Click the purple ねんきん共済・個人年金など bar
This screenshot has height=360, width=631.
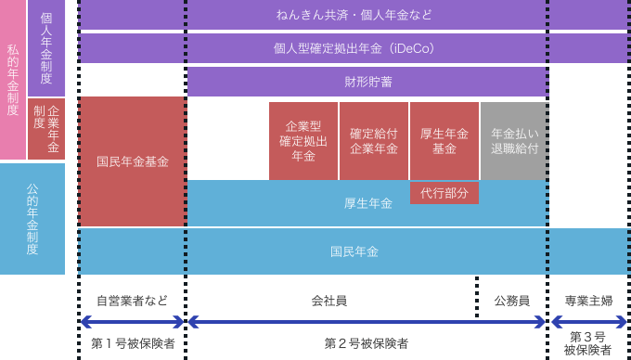(354, 15)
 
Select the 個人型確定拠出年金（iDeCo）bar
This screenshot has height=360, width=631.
(354, 47)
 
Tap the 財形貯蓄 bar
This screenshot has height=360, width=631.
(367, 82)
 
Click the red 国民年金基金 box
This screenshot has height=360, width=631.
(133, 162)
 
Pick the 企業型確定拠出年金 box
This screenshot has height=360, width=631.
(303, 141)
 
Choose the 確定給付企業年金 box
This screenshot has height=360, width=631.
(374, 141)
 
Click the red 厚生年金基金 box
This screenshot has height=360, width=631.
(444, 141)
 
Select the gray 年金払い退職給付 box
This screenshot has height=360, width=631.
(514, 141)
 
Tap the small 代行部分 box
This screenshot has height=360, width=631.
(444, 193)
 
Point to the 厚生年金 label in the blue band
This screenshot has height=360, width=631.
(367, 203)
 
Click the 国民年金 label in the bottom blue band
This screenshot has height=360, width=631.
(354, 251)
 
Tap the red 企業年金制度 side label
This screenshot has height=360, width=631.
(46, 129)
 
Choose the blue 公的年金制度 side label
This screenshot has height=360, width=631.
(32, 219)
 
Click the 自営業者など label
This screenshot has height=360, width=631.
(133, 301)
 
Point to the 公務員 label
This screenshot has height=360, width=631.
(511, 301)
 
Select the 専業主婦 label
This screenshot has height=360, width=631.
(588, 301)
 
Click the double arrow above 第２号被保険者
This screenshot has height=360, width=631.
(367, 322)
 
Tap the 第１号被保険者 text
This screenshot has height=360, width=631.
(133, 343)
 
